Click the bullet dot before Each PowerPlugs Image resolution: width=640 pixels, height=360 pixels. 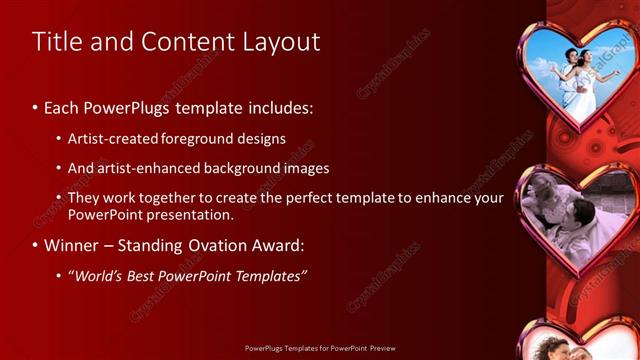click(36, 107)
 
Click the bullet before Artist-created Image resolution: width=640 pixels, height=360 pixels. click(60, 139)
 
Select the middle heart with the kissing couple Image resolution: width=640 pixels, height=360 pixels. click(574, 215)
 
